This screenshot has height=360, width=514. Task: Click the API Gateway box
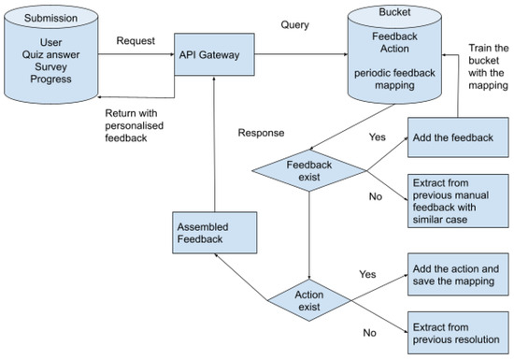tap(214, 55)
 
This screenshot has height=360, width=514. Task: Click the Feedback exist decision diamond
tap(308, 170)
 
